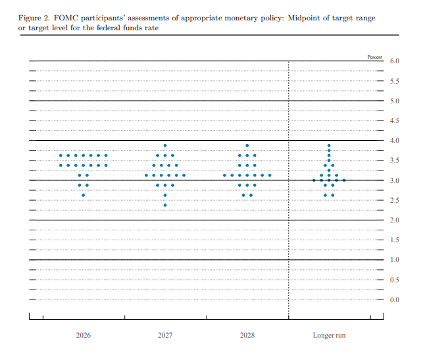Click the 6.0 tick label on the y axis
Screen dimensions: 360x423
coord(395,61)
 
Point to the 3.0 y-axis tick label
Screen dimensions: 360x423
coord(395,180)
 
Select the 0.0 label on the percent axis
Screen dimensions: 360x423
coord(395,300)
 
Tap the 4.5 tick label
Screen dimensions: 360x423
coord(395,120)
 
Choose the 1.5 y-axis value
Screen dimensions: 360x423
coord(395,240)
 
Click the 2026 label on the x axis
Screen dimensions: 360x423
coord(84,336)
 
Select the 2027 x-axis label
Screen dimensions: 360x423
coord(165,336)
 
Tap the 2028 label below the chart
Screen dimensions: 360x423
coord(247,336)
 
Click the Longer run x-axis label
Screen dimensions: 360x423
coord(328,336)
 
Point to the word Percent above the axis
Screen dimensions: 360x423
coord(375,58)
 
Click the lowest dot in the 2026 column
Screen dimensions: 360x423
coord(83,195)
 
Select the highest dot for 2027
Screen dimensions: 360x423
coord(165,145)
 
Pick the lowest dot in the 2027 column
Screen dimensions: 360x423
coord(165,205)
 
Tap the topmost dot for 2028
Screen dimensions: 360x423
coord(247,145)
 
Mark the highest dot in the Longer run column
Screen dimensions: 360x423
coord(329,145)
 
